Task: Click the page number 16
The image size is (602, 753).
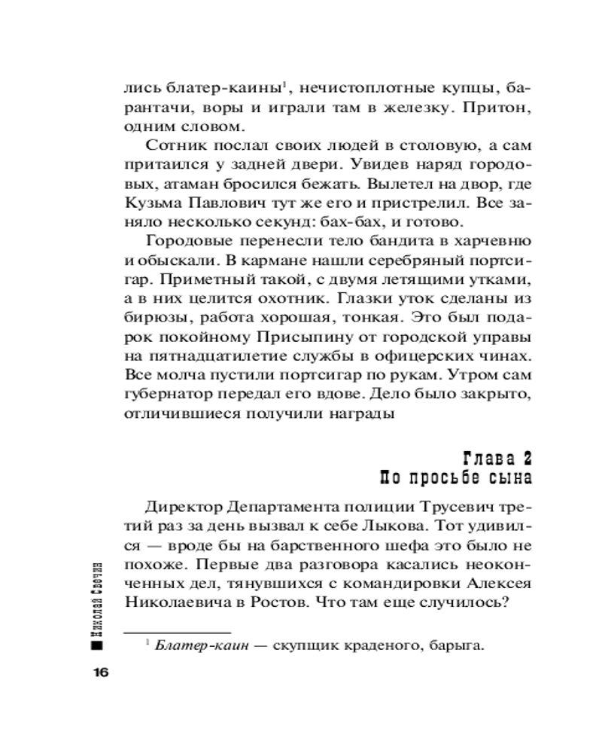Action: coord(99,672)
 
